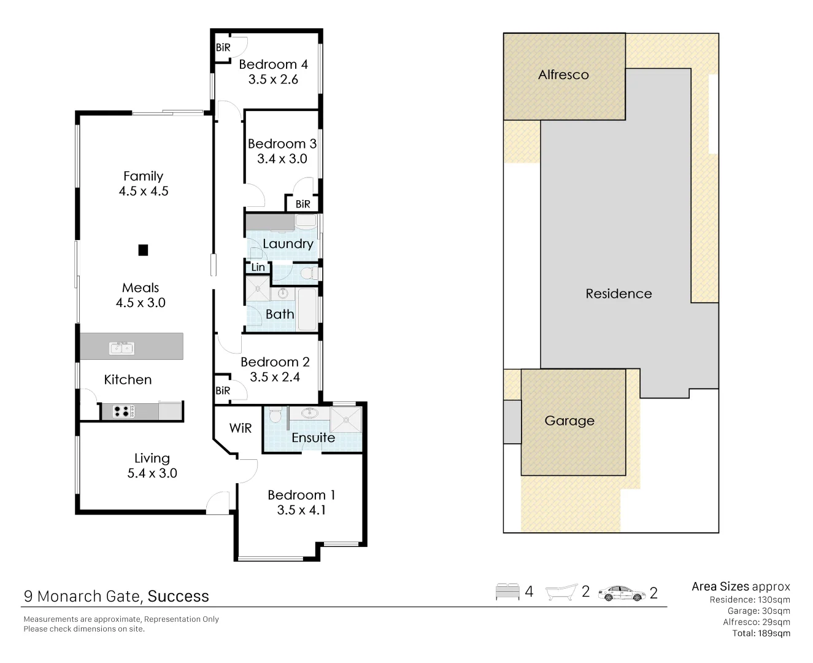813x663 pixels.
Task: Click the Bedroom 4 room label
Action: point(273,64)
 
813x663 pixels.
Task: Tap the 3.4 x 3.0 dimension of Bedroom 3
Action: point(282,159)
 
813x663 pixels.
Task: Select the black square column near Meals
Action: point(143,250)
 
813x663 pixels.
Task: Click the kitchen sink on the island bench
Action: point(121,348)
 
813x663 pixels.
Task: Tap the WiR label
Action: point(241,428)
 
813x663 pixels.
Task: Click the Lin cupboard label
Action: point(258,267)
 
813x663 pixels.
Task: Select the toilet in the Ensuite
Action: point(275,416)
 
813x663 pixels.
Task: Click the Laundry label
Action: point(288,244)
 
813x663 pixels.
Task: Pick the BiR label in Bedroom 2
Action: point(223,390)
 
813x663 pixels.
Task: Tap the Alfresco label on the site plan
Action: point(563,75)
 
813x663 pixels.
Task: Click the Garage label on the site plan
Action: point(569,421)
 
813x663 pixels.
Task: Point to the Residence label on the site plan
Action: point(618,294)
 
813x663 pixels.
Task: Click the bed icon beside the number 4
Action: point(507,592)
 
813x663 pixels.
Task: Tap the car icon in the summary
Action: point(622,593)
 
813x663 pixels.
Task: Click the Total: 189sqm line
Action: point(761,634)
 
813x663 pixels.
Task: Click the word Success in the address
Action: point(179,597)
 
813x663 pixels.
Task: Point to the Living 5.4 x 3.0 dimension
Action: point(152,473)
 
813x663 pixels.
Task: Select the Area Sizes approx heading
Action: point(741,587)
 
